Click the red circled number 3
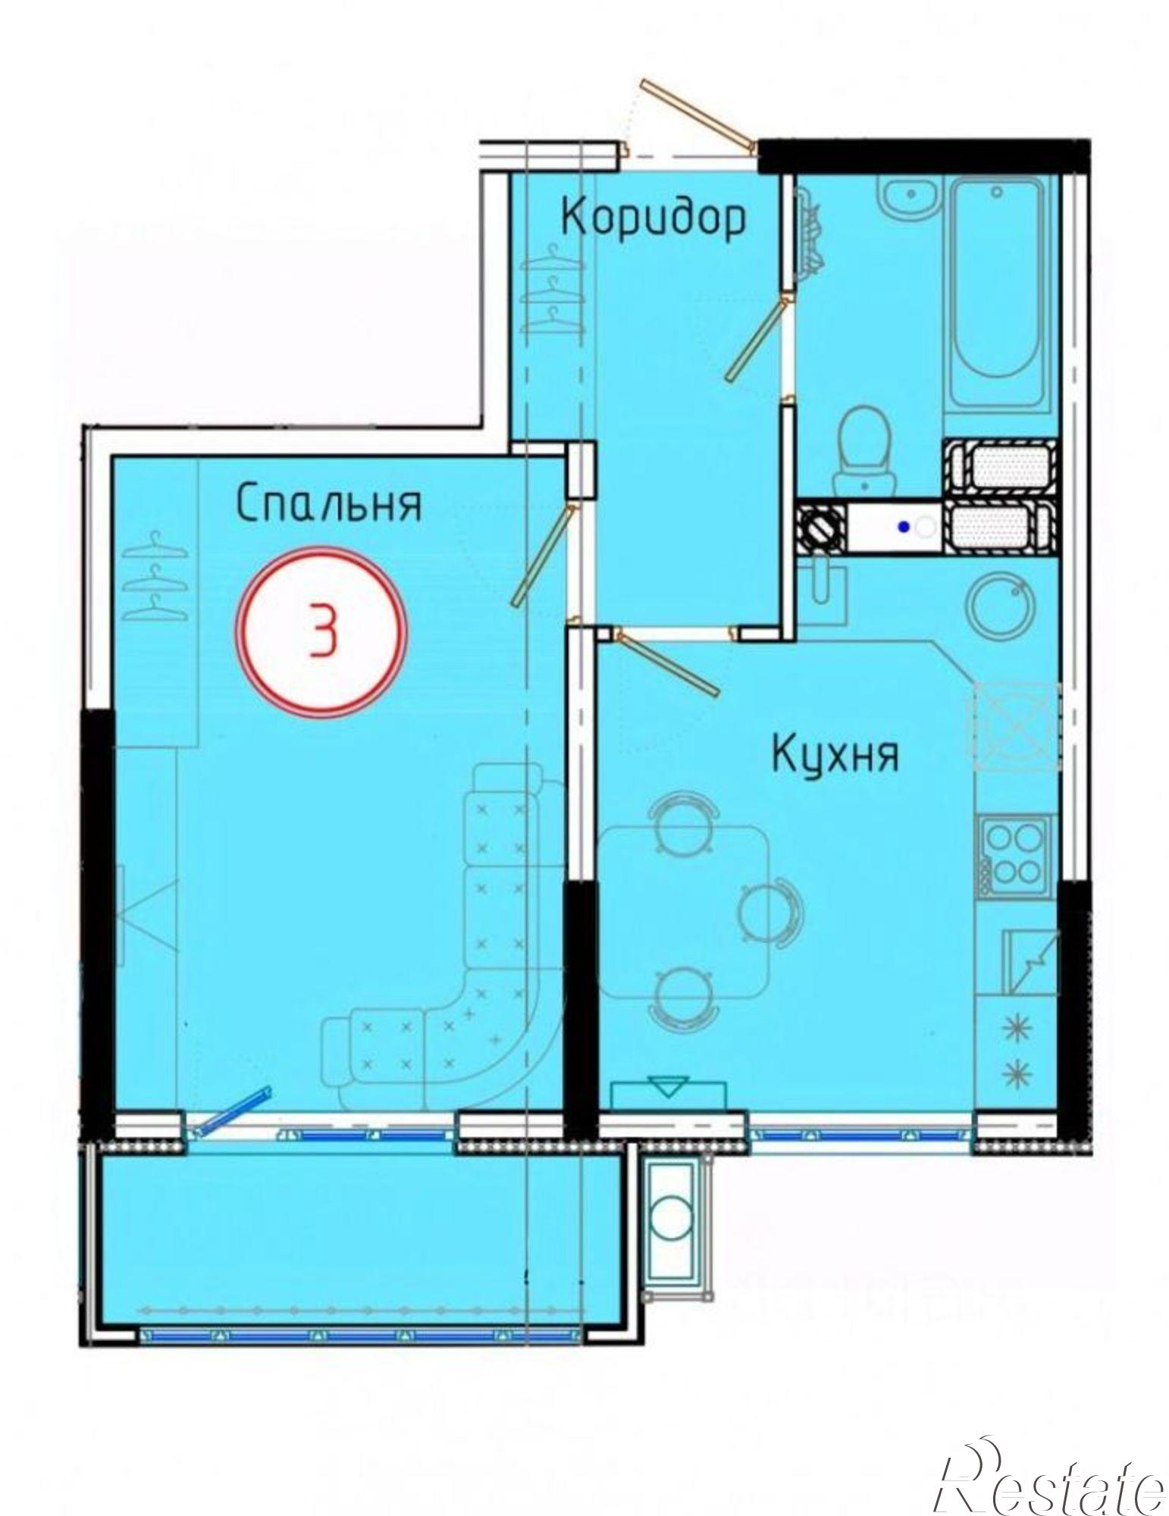click(324, 631)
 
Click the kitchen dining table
click(682, 913)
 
